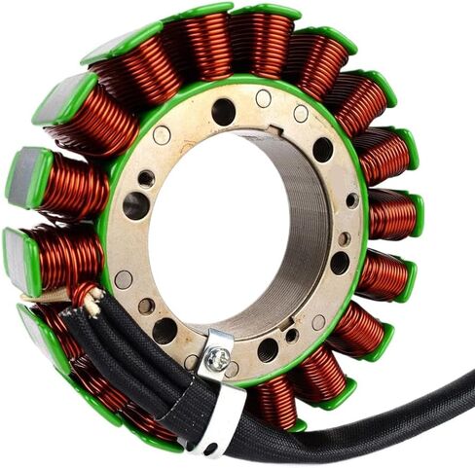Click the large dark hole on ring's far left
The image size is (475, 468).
[135, 204]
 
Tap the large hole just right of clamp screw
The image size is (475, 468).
[268, 349]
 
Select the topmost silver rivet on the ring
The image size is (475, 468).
[263, 97]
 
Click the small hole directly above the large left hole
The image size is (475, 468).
[146, 178]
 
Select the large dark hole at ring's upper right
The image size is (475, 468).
[322, 150]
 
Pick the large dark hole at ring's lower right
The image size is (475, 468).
[339, 263]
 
